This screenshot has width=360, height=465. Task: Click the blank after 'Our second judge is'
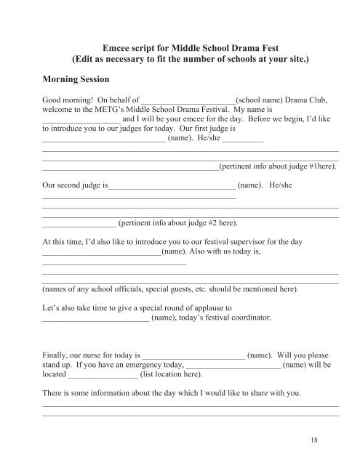(x=172, y=186)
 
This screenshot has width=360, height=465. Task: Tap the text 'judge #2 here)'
(x=211, y=222)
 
